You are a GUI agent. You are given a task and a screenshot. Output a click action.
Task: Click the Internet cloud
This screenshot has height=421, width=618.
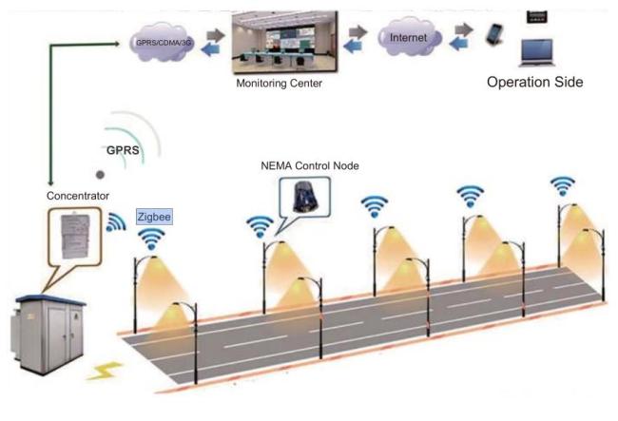[409, 37]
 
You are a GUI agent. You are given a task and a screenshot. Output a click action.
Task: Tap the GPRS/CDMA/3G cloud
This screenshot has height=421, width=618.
[162, 42]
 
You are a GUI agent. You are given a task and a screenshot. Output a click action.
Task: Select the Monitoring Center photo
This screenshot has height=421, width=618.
[284, 42]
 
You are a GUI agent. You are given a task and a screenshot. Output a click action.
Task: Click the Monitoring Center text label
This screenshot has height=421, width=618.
[279, 83]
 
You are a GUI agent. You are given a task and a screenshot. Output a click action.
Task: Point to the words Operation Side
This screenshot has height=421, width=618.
[535, 82]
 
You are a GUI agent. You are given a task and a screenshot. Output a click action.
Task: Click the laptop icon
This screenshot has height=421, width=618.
[537, 53]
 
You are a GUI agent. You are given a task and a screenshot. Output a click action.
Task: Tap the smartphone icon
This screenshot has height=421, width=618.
[494, 35]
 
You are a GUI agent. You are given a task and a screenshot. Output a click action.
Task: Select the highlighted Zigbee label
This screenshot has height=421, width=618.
[154, 217]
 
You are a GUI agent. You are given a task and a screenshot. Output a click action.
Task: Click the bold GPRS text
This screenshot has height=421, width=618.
[123, 150]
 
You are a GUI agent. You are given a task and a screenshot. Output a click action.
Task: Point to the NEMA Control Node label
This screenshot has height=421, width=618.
[310, 165]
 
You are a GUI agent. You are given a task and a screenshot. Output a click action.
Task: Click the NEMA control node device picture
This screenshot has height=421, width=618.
[305, 197]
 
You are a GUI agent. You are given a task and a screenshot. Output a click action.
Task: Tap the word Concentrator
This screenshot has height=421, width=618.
[78, 196]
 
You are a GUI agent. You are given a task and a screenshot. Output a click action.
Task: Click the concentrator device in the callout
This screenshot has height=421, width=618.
[75, 237]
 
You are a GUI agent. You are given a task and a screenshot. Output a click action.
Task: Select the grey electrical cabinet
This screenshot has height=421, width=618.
[48, 334]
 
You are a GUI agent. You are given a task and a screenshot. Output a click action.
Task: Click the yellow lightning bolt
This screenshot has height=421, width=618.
[104, 371]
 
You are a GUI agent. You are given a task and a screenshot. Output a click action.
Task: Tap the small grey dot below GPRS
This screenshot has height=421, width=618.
[100, 175]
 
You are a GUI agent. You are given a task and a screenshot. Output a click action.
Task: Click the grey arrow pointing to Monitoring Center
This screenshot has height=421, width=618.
[216, 35]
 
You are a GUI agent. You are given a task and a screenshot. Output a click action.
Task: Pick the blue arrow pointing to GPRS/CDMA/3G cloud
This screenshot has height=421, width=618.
[210, 49]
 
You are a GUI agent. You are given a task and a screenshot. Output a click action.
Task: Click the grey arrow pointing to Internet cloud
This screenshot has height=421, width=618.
[357, 31]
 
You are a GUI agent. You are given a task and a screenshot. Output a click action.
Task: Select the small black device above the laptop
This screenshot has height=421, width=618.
[537, 17]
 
